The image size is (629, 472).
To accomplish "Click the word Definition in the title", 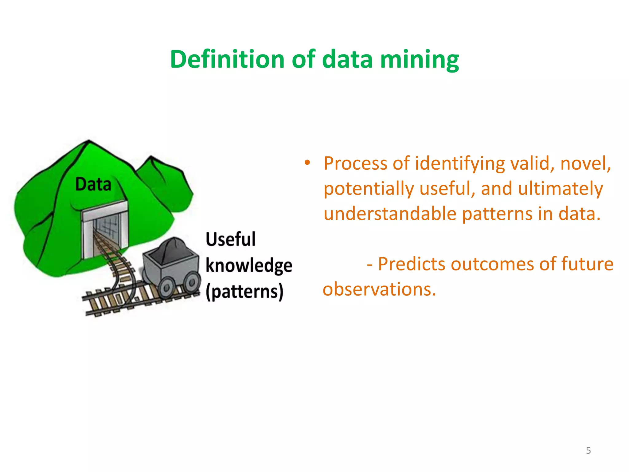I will (227, 59).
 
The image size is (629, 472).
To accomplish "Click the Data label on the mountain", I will (93, 184).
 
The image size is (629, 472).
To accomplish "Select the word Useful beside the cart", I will (230, 239).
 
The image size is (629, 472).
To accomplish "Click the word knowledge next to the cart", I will (248, 266).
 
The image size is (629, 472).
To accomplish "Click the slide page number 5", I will (588, 450).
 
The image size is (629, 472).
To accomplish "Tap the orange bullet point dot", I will (307, 163).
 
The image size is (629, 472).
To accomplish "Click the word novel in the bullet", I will (585, 163).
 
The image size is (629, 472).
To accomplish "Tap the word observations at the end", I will (379, 289).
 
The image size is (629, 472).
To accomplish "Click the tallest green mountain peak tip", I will (89, 142).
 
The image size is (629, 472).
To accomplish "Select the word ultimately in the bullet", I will (560, 188).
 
